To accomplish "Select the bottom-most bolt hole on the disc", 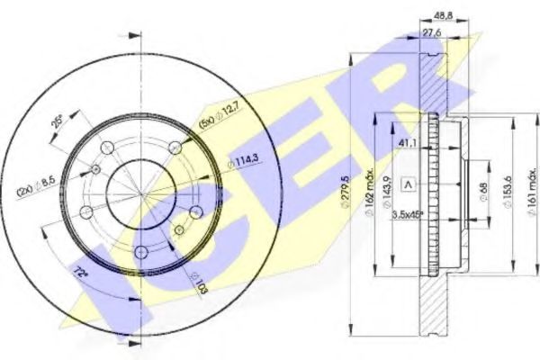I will tap(140, 252).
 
